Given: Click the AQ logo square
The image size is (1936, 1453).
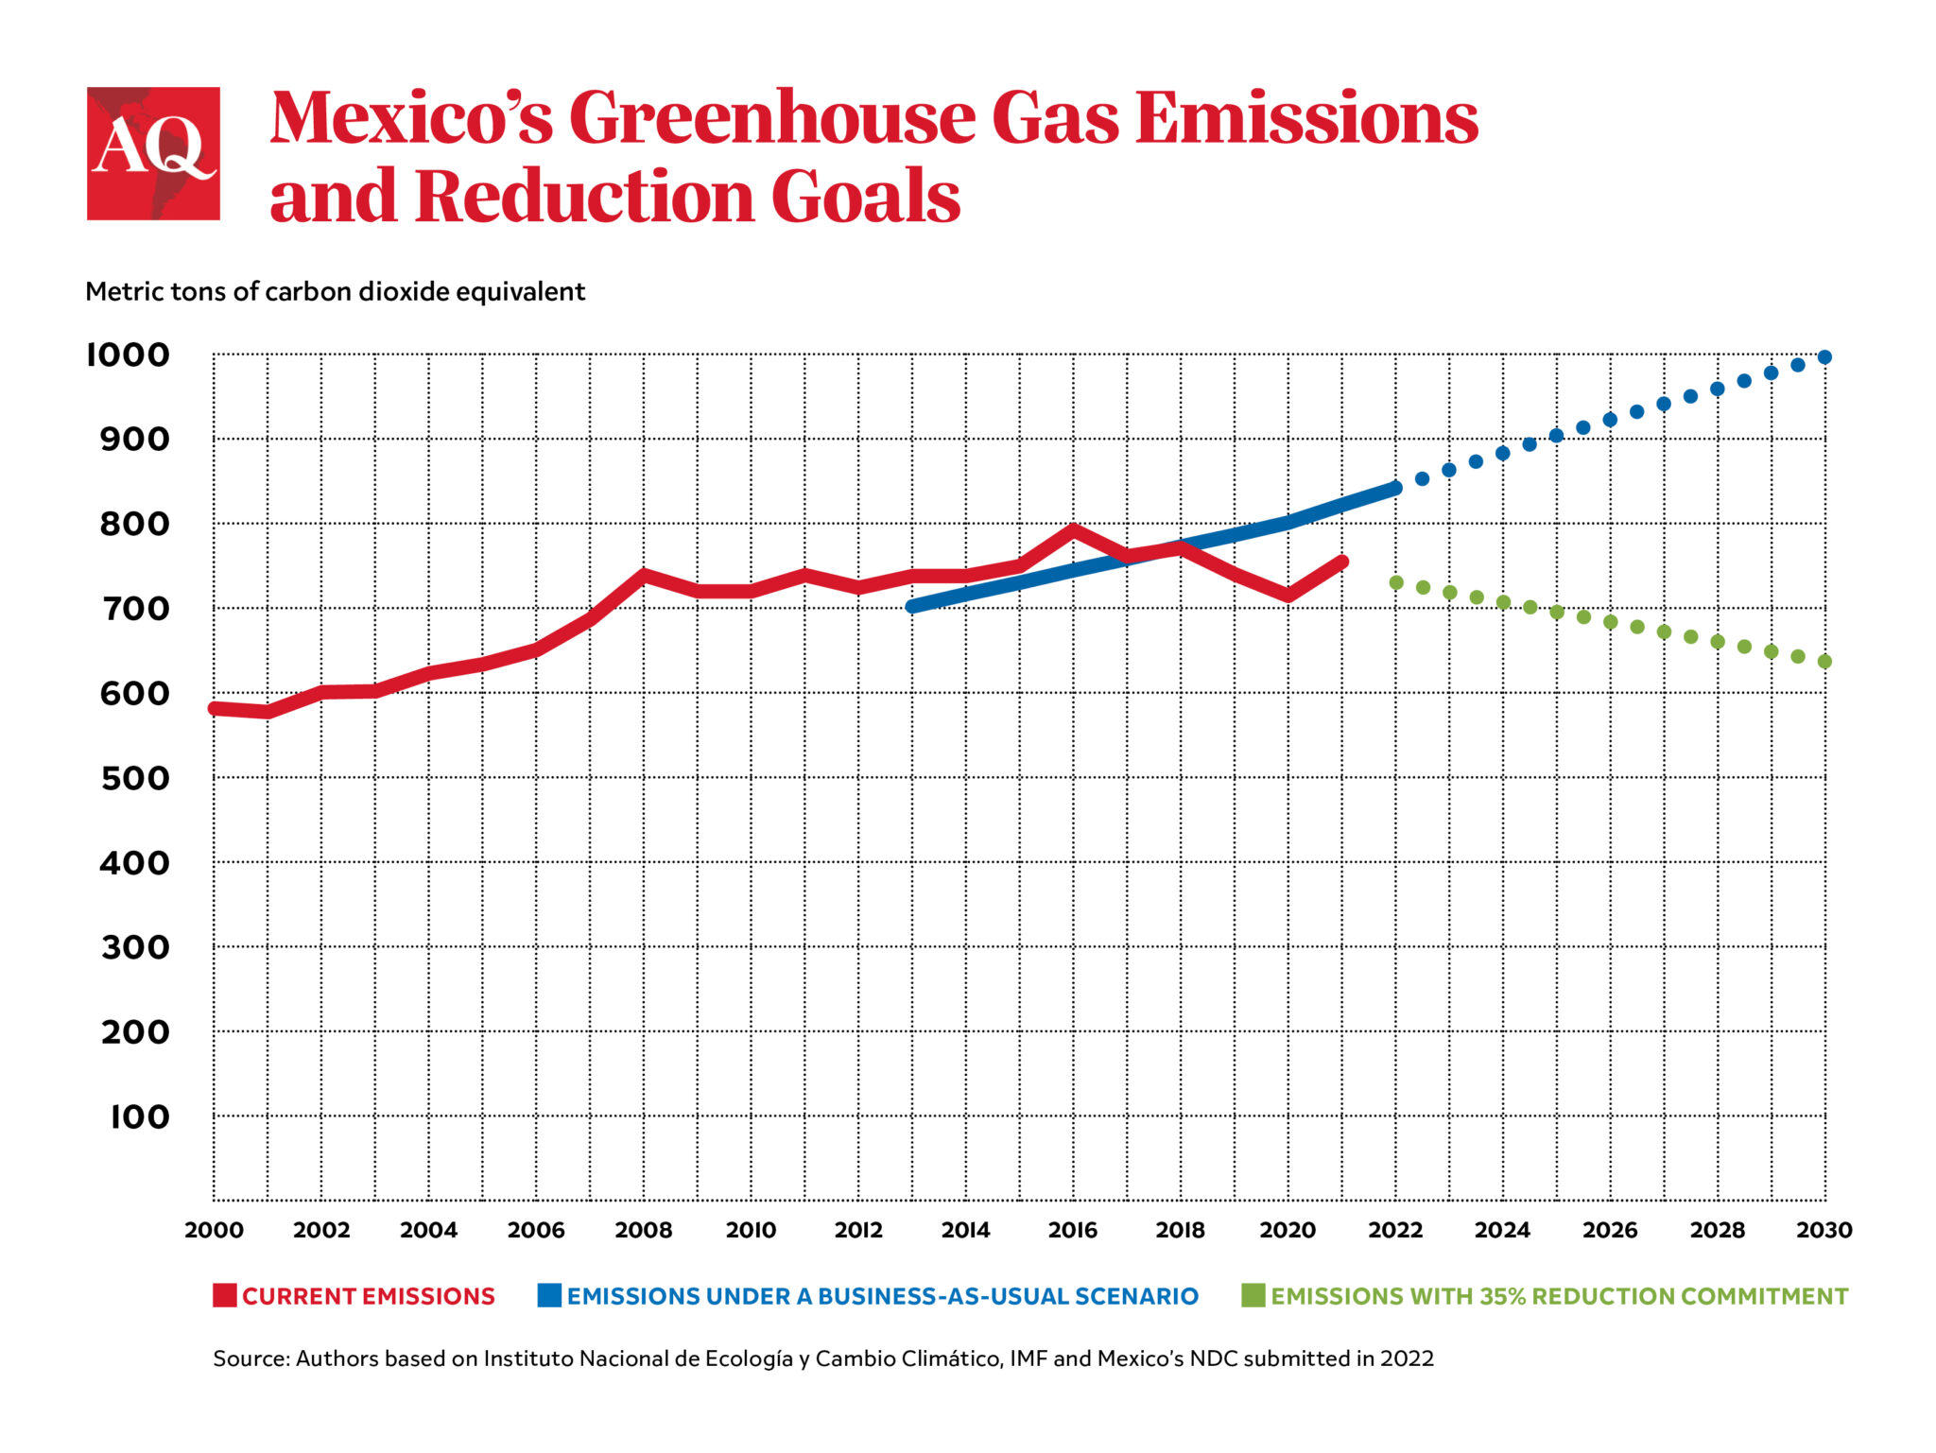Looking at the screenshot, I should tap(153, 153).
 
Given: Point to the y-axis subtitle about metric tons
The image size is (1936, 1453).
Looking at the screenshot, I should tap(335, 291).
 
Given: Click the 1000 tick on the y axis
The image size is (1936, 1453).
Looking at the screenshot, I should tap(128, 355).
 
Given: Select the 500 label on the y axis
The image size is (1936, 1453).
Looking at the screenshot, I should tap(134, 778).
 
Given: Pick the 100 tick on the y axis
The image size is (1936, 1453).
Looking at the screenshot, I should tap(139, 1116).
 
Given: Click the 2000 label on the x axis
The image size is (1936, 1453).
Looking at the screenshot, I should tap(214, 1230).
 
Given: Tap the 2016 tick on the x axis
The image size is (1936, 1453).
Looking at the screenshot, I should tap(1073, 1230).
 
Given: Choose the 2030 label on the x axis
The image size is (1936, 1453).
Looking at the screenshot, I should tap(1824, 1230).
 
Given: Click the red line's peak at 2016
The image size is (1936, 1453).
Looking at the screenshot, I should tap(1073, 530).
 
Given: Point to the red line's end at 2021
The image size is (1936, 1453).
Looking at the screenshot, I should tap(1341, 562).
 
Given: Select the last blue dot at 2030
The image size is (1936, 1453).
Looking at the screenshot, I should tap(1824, 357).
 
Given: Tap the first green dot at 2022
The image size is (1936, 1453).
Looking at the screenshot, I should tap(1396, 582).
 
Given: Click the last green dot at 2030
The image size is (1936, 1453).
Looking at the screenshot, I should tap(1824, 662).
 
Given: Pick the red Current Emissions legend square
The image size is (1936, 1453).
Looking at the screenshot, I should tap(224, 1295).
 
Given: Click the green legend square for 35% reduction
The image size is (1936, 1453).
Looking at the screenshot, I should tap(1253, 1295).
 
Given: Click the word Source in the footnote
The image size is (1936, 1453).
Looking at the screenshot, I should tap(251, 1358).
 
